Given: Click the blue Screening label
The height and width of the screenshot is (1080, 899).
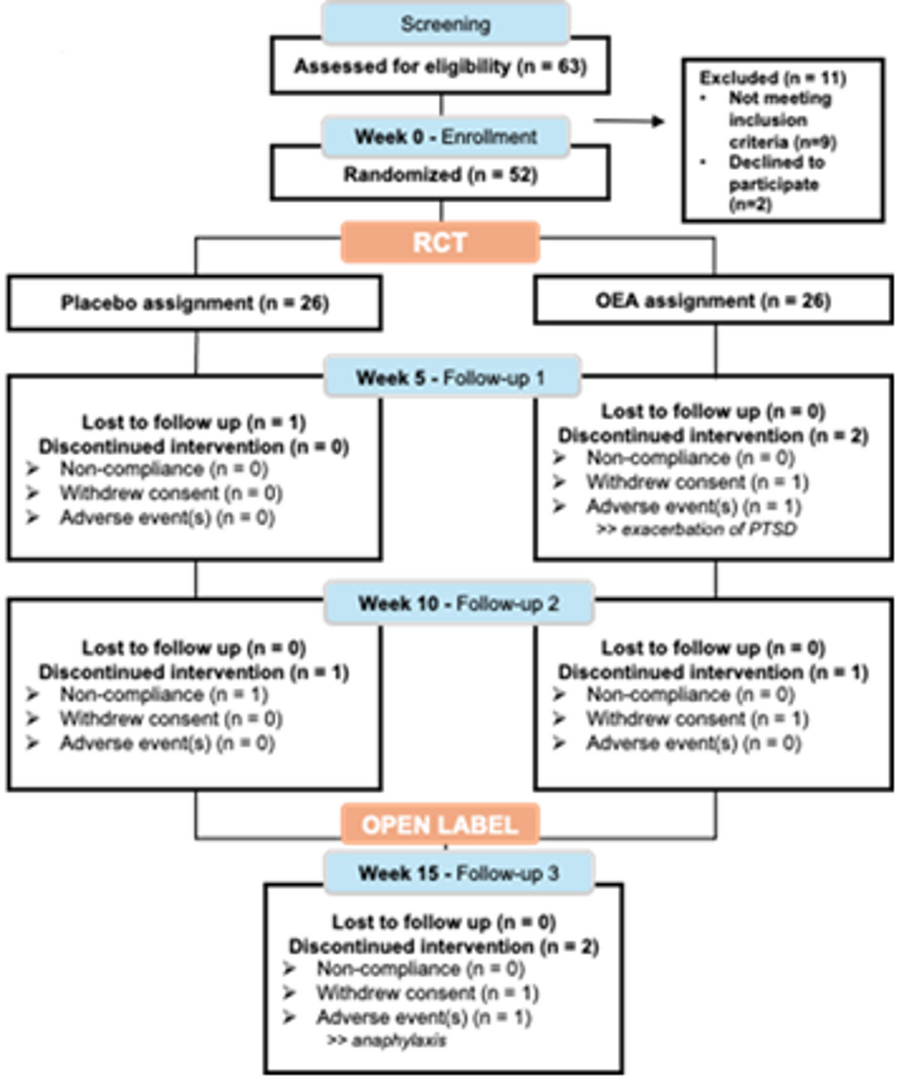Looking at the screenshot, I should point(445,24).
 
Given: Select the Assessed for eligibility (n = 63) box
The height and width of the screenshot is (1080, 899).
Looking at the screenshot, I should point(441,66).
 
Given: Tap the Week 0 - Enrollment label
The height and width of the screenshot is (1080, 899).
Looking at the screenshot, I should point(445,136).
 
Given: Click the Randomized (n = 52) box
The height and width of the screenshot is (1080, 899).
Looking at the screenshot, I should point(441,175).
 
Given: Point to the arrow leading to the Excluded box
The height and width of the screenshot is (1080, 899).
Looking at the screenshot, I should point(629,122).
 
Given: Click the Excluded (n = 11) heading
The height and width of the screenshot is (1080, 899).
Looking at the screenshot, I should point(772,78).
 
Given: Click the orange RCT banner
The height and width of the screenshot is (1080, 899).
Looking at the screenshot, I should point(440,242).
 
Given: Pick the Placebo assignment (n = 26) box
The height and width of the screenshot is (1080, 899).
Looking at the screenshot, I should point(194,303).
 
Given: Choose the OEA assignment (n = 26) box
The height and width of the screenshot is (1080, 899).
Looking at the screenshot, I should point(713,301).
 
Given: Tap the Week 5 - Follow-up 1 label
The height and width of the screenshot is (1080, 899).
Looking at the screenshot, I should point(450,378).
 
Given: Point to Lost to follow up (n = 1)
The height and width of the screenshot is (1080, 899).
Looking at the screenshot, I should point(193,423).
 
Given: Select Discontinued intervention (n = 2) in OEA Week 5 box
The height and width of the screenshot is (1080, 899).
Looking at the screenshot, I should point(713,436).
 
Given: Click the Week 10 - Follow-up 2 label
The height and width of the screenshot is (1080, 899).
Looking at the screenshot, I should point(458,604).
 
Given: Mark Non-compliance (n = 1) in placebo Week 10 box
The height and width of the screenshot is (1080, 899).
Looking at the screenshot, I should point(163,695).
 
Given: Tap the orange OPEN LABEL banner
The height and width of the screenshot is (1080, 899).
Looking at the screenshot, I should point(440,825).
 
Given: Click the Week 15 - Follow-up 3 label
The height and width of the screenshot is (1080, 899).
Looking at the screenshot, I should point(458,873).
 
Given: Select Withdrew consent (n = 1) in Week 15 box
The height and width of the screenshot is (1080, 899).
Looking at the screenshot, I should point(427,994).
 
